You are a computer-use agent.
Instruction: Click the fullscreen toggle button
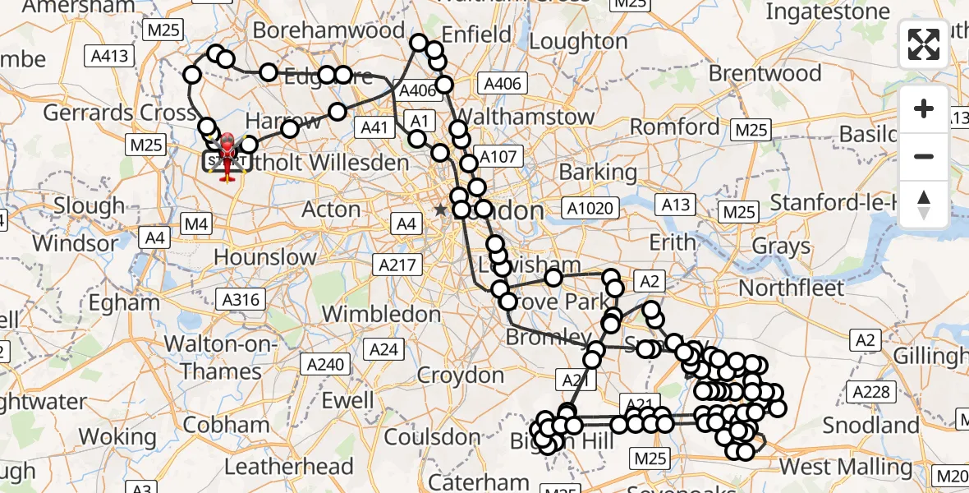pos(924,45)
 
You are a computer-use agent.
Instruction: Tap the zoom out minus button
pos(924,156)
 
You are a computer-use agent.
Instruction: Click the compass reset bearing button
pos(924,205)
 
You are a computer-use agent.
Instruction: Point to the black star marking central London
pos(441,210)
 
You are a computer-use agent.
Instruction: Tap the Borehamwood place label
pos(328,30)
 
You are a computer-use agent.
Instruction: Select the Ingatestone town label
pos(828,12)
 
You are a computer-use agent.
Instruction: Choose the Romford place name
pos(674,127)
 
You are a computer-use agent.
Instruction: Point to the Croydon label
pos(461,376)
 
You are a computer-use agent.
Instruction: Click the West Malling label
pos(846,467)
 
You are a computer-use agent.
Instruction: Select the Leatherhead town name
pos(288,467)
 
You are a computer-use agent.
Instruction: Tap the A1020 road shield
pos(591,208)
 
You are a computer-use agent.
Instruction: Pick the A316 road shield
pos(241,299)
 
